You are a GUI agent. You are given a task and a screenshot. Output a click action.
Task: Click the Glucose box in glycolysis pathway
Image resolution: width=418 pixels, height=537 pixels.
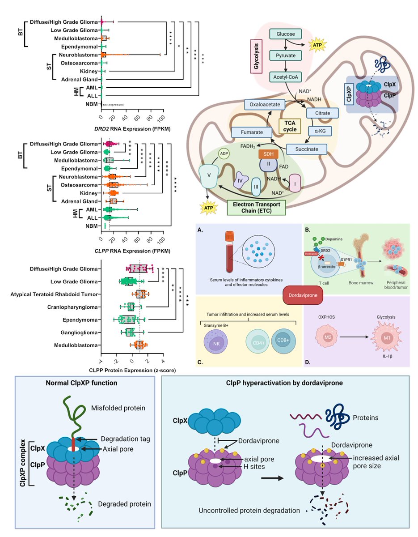coord(286,34)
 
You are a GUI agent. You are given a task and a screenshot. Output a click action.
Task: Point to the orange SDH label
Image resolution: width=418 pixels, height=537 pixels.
coord(269,153)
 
